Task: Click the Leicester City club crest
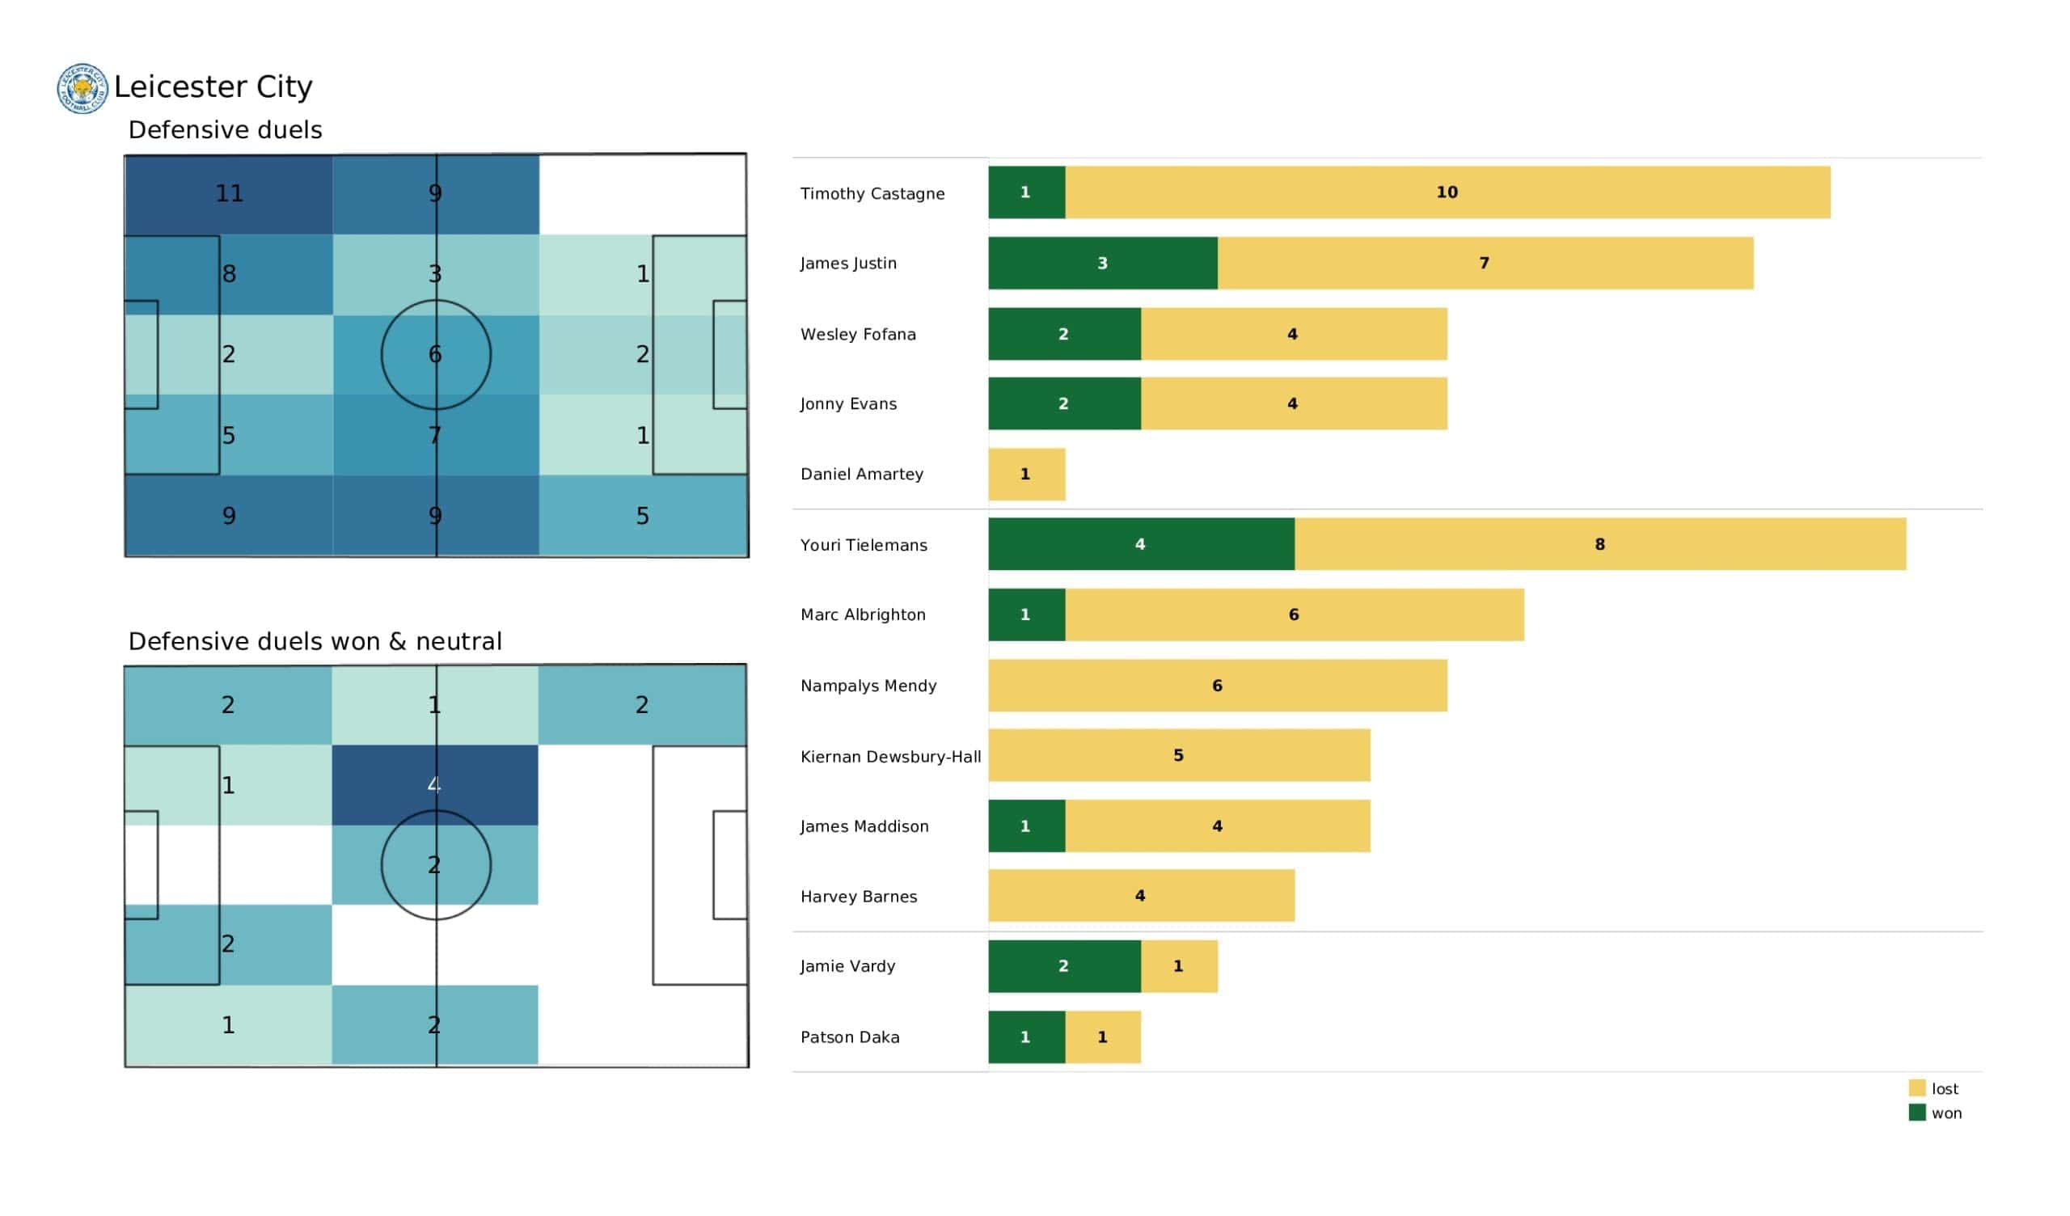point(82,89)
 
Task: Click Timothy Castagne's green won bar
point(1026,192)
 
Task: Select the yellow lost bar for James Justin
point(1485,263)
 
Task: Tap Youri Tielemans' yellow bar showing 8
point(1599,544)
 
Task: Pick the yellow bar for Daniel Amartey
point(1026,474)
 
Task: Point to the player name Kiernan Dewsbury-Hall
point(890,757)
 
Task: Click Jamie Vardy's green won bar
point(1064,966)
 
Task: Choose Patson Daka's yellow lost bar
point(1102,1037)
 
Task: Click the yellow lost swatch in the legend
point(1916,1088)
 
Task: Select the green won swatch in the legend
point(1916,1113)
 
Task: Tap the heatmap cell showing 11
point(229,194)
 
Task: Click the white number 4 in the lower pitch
point(433,784)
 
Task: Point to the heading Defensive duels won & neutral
point(315,642)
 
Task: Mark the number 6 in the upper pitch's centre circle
point(435,354)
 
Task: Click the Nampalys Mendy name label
point(868,686)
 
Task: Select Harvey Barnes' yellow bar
point(1140,896)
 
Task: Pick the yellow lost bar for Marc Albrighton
point(1294,614)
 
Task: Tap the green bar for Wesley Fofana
point(1064,334)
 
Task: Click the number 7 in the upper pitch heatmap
point(435,435)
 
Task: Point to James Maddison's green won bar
point(1026,825)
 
